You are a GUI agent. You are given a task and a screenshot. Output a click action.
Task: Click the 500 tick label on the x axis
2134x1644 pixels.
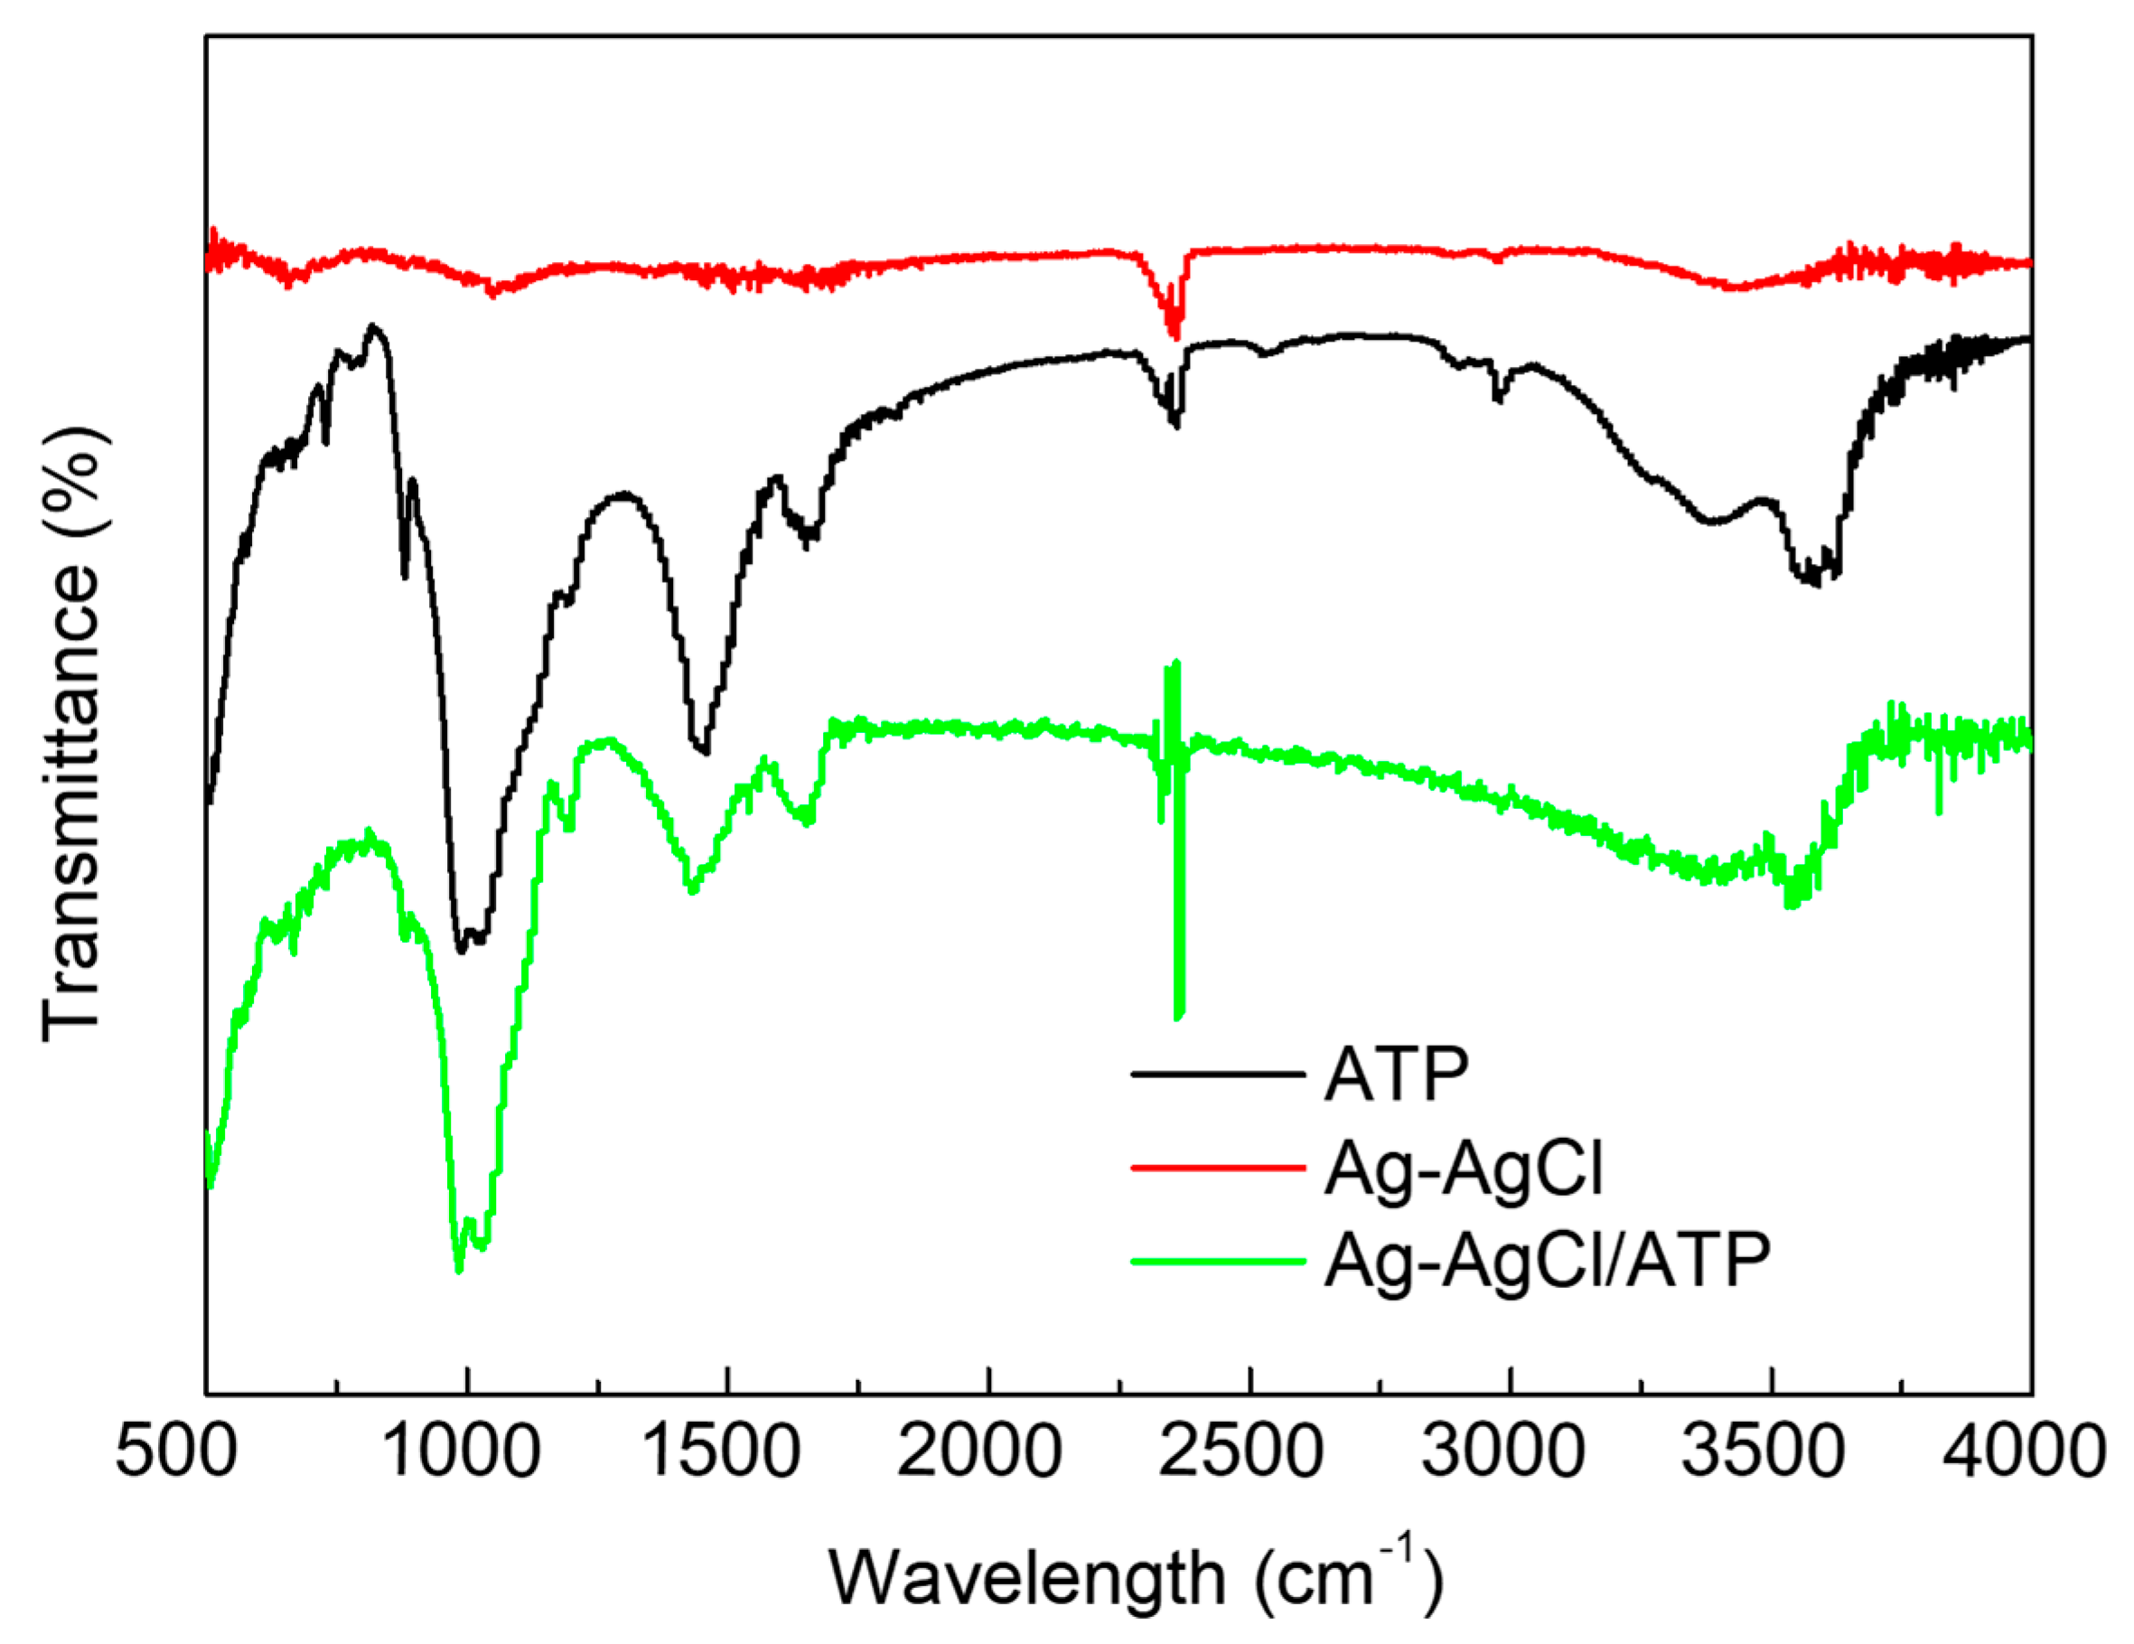coord(176,1451)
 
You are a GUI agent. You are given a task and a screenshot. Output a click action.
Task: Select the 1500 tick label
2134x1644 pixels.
coord(724,1451)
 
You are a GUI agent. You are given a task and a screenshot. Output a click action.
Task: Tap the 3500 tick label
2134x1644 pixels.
coord(1764,1451)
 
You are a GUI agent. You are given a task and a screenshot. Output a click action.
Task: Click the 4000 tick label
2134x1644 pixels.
coord(2023,1451)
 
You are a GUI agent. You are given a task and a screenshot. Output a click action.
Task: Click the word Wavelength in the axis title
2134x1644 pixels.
coord(1026,1579)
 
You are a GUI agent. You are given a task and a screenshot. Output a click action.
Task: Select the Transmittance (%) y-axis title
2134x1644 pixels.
coord(72,733)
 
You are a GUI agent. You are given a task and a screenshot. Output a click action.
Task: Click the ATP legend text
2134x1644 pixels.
coord(1396,1075)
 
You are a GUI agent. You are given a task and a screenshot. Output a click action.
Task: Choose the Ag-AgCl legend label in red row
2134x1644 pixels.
coord(1464,1168)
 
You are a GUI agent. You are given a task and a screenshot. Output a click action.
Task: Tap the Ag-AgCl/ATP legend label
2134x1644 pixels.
coord(1547,1261)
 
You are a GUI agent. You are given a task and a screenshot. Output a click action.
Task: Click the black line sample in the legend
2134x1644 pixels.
coord(1218,1075)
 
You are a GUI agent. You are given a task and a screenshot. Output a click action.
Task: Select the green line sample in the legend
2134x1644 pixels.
coord(1218,1261)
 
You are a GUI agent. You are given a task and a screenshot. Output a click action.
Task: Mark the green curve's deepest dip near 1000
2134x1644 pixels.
coord(459,1271)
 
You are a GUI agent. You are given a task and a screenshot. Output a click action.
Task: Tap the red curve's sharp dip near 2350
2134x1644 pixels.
coord(1175,337)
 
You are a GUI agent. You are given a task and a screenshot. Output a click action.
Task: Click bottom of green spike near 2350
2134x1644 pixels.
coord(1179,1017)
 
